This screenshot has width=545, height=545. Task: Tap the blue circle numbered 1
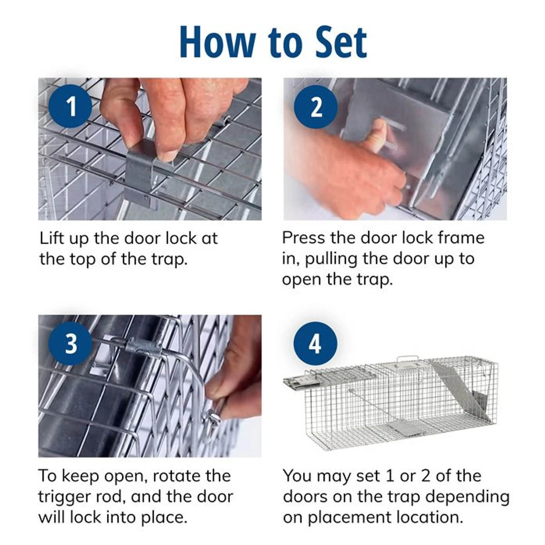click(x=71, y=106)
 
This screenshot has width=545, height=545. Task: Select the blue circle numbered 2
click(x=316, y=107)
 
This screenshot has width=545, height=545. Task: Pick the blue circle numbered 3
click(x=71, y=343)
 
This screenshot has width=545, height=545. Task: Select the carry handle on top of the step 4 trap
click(x=408, y=360)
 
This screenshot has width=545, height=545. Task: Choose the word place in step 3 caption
click(x=164, y=517)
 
